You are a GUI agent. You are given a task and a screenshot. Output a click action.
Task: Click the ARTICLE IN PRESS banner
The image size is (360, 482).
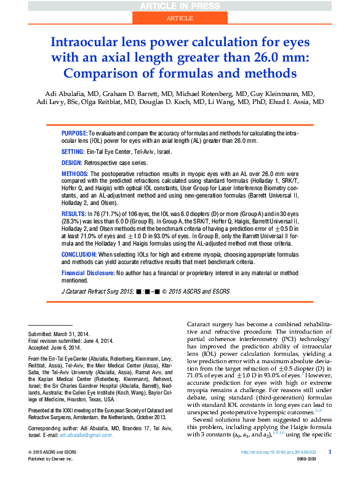click(180, 6)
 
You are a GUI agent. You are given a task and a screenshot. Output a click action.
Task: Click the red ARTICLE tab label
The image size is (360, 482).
click(180, 19)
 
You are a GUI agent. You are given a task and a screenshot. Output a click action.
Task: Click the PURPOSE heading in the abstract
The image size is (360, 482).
click(74, 133)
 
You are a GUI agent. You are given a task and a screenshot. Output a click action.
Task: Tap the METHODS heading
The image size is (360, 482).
click(74, 175)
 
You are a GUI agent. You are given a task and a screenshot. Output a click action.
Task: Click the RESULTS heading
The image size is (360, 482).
click(74, 211)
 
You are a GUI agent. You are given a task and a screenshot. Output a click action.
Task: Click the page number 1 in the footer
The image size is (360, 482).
click(330, 452)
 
